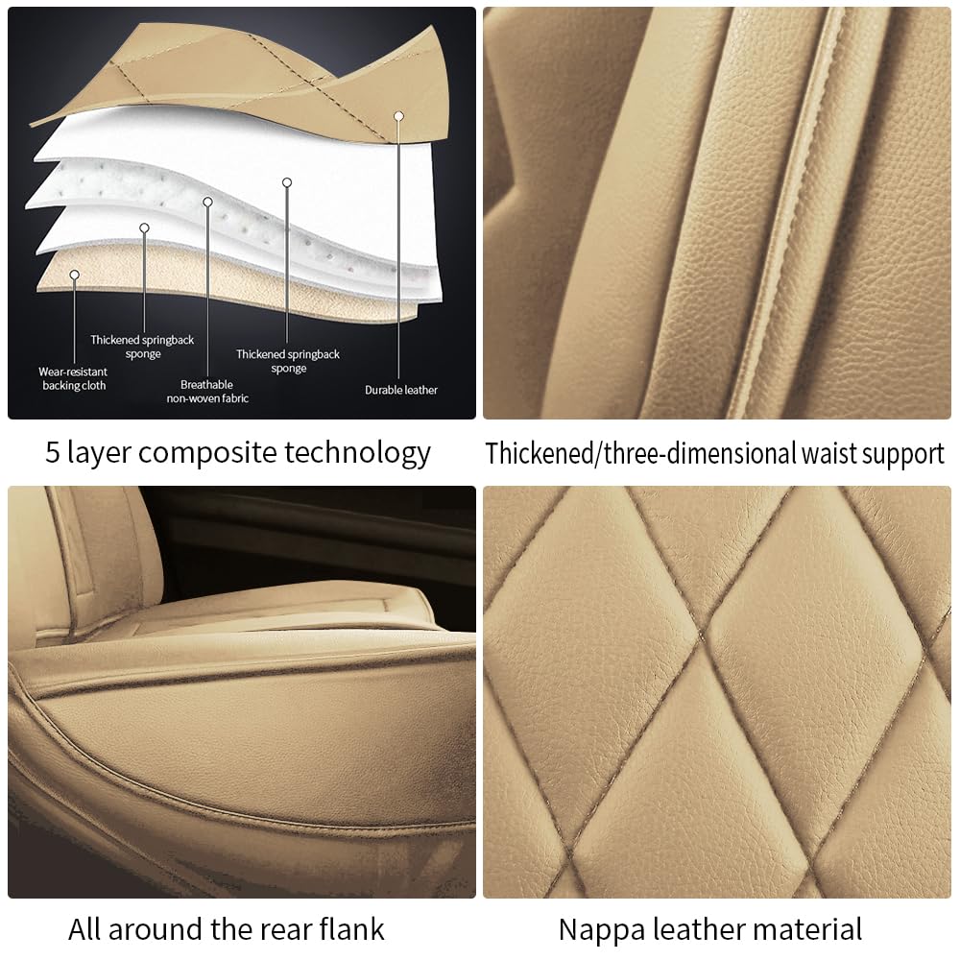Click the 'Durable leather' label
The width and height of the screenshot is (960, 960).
click(x=401, y=390)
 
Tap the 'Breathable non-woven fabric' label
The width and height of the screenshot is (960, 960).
click(x=207, y=391)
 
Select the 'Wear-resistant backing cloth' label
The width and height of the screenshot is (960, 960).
click(x=73, y=378)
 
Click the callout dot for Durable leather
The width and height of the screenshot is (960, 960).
click(x=398, y=116)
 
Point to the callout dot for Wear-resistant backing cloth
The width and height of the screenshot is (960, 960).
click(x=74, y=276)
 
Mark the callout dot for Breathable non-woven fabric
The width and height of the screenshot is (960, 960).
click(x=207, y=203)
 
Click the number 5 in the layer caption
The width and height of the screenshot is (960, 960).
click(x=53, y=452)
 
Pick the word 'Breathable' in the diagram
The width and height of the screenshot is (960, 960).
click(x=207, y=384)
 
